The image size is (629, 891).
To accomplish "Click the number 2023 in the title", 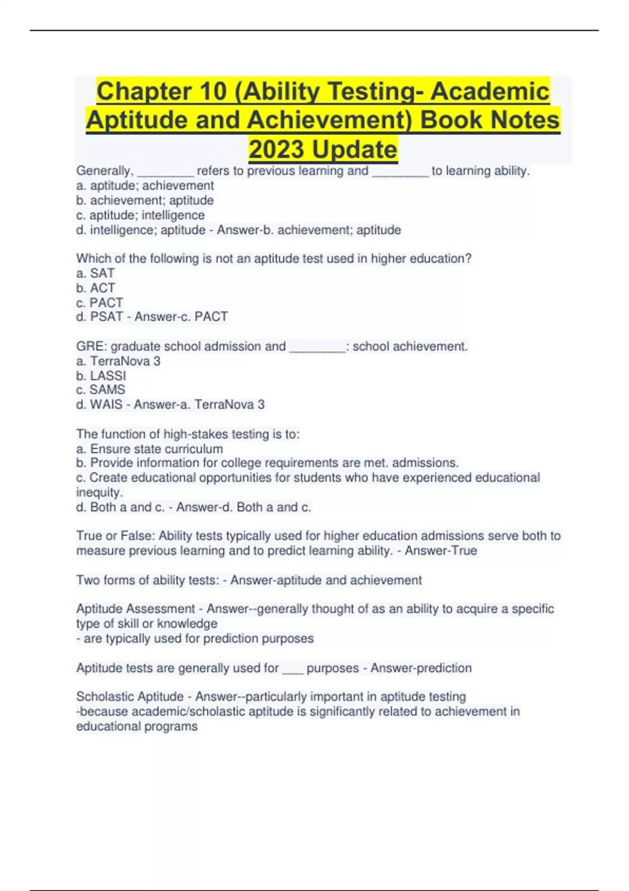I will coord(277,149).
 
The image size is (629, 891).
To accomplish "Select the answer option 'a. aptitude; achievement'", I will coord(145,186).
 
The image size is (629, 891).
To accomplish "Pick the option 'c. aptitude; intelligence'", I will coord(140,215).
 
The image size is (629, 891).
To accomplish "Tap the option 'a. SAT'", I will coord(95,273).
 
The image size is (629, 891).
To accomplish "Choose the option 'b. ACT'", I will coord(95,288).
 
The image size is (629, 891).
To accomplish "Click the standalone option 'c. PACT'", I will coord(100,302).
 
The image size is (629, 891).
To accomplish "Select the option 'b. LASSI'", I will coord(101,375).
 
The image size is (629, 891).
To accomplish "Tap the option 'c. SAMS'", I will coord(101,389).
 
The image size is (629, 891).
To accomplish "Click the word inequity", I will coord(99,492).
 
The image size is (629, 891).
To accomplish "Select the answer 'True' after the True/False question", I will coord(464,550).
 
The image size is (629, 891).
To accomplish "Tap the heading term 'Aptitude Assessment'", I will coord(135,609).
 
